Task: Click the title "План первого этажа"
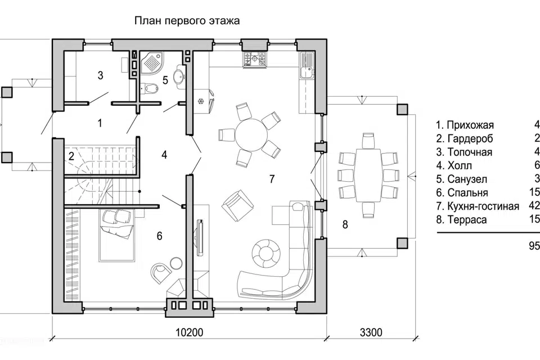coord(187,21)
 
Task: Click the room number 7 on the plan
coord(272,179)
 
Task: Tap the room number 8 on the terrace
coord(345,224)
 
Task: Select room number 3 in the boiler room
coord(100,75)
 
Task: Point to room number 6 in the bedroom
coord(159,236)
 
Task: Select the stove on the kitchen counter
coord(254,58)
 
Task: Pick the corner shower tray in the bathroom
coord(151,63)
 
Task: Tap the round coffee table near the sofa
coord(265,251)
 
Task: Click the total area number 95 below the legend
coord(534,246)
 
